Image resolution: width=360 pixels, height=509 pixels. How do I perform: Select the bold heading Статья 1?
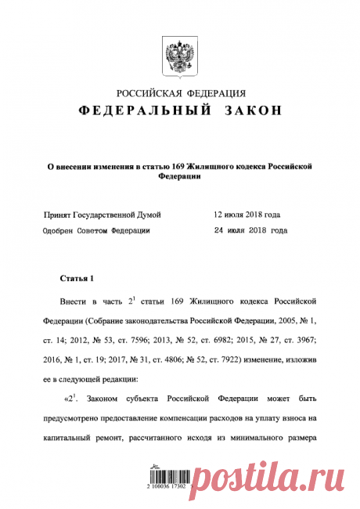click(77, 278)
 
